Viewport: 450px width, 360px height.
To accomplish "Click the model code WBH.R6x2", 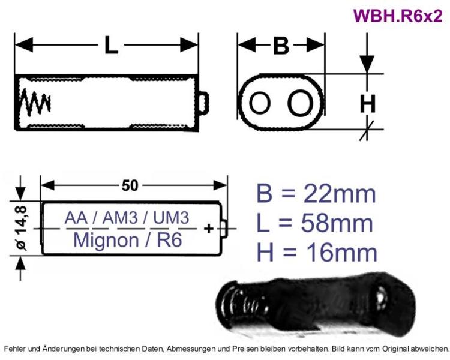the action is (398, 16).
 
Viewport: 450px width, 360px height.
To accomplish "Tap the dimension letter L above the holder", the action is (111, 46).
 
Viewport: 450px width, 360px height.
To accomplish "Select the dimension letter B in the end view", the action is (281, 46).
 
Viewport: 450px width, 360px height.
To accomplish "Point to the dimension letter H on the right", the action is (368, 104).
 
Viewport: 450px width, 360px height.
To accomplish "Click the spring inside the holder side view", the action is (35, 103).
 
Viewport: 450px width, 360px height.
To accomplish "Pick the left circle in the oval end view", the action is (260, 103).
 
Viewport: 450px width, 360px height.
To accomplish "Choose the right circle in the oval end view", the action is (300, 103).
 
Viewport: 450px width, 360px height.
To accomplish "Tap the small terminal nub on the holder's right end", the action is (204, 103).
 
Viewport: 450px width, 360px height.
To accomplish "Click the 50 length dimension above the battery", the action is (130, 185).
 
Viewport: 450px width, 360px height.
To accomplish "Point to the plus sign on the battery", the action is (209, 228).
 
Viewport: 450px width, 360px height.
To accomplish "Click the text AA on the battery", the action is (76, 218).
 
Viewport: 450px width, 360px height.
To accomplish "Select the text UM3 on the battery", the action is (171, 218).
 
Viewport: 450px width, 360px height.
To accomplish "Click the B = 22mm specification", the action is (316, 194).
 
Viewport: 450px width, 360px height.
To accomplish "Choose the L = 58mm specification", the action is (315, 223).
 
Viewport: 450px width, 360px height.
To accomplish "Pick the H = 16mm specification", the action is (317, 253).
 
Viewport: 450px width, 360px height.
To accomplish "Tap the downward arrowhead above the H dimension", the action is (367, 64).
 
